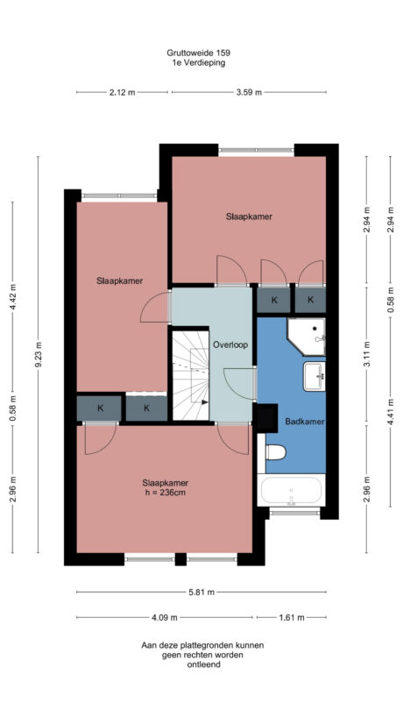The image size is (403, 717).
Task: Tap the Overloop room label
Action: (230, 344)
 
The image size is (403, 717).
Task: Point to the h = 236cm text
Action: (166, 492)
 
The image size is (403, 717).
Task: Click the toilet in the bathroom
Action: (276, 452)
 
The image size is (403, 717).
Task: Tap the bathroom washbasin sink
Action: (314, 377)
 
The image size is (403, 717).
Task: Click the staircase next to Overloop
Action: (190, 375)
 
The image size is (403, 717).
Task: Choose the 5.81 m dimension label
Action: (201, 592)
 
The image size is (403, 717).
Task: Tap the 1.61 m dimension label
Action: (291, 618)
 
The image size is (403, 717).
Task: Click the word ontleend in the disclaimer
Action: (202, 664)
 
